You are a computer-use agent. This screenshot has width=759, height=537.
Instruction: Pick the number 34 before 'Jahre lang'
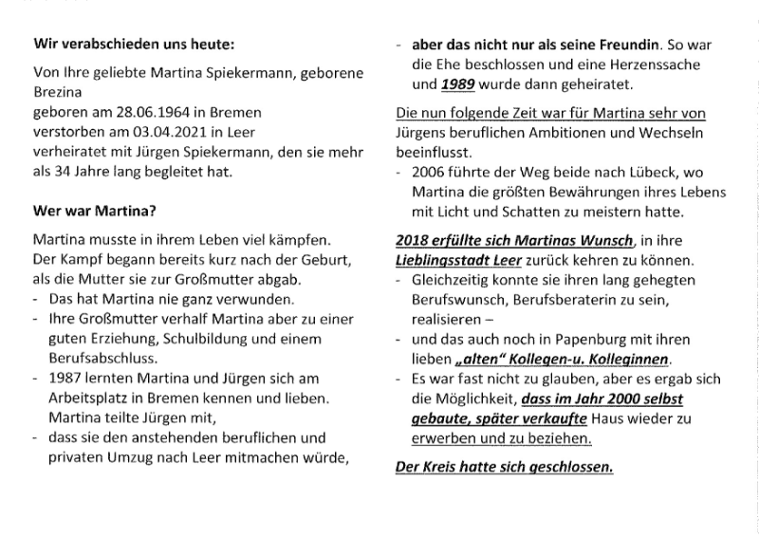64,172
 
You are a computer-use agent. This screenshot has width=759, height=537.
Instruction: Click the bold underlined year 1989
458,83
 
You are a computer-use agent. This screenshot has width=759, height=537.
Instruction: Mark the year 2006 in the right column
428,175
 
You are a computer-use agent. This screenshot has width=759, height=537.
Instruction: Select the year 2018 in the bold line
412,240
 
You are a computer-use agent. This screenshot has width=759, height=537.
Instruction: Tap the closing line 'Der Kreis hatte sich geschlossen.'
503,467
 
